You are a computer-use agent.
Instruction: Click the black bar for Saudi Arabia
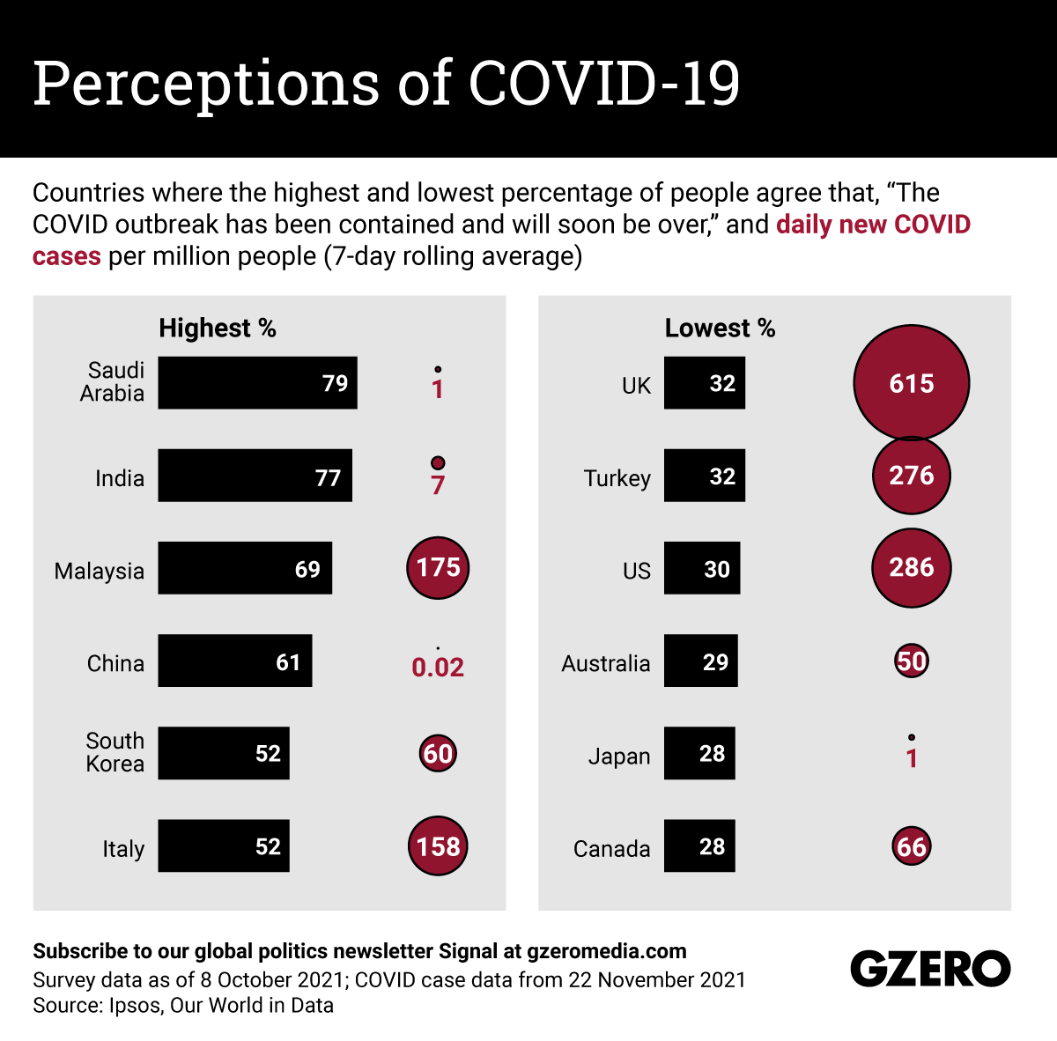(x=257, y=383)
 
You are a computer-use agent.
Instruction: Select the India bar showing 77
(x=255, y=476)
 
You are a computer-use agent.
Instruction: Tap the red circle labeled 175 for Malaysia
(x=438, y=567)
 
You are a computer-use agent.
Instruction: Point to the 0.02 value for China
(x=438, y=668)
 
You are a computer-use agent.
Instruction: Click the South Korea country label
(x=115, y=752)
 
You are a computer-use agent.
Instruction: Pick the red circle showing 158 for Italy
(x=438, y=846)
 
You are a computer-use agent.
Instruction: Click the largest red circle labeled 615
(x=912, y=383)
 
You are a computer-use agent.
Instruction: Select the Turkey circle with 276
(x=912, y=476)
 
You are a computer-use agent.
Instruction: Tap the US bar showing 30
(x=702, y=568)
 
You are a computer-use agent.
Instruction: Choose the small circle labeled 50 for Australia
(x=912, y=661)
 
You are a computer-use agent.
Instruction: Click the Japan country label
(x=619, y=757)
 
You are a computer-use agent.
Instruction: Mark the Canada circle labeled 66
(x=912, y=846)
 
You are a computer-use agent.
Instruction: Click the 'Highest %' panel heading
(x=218, y=329)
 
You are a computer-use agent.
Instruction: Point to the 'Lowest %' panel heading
(x=720, y=329)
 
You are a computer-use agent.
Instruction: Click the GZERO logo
(x=930, y=969)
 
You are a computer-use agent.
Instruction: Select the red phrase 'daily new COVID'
(x=873, y=225)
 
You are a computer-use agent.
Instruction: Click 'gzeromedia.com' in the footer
(x=607, y=951)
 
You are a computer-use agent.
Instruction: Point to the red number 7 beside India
(x=438, y=485)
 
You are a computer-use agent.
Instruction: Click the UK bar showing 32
(x=705, y=383)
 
